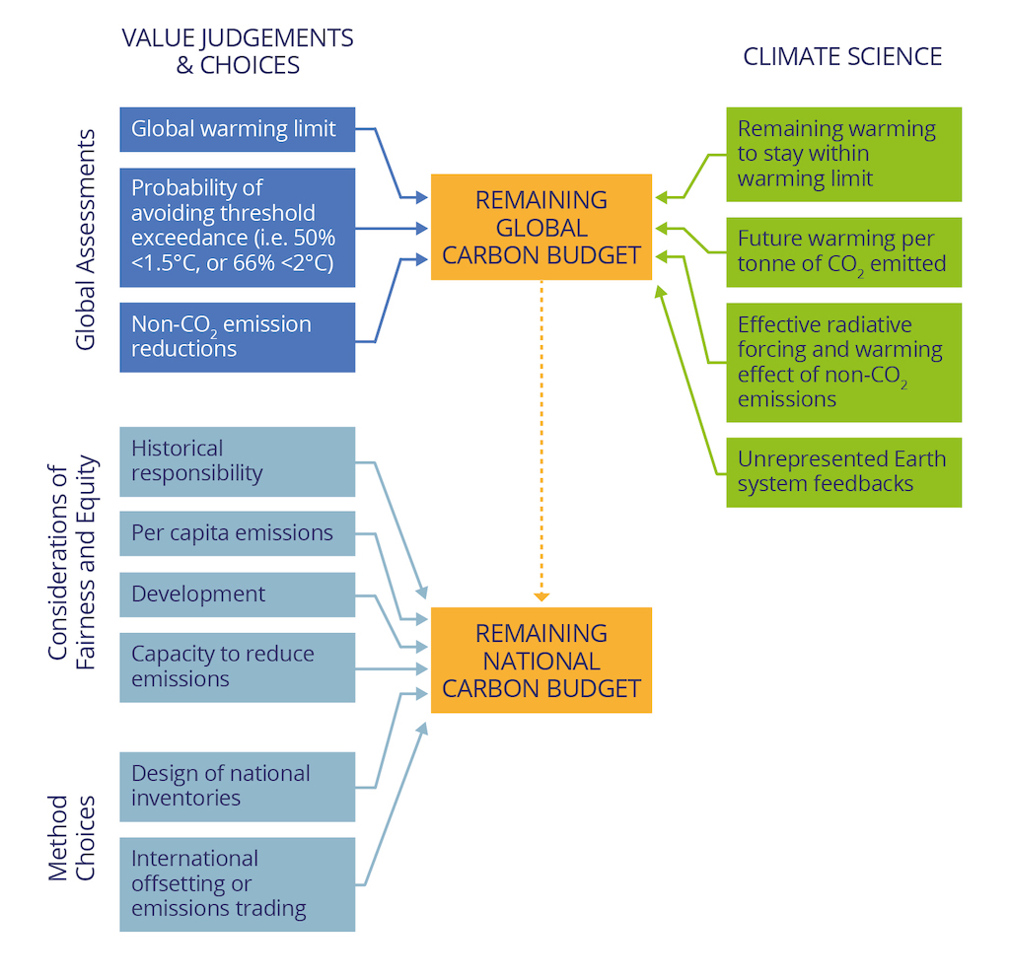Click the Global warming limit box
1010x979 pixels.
pos(237,129)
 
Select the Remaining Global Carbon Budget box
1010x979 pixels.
pos(541,227)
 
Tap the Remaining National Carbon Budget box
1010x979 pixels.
pos(541,660)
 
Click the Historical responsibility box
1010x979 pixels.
pos(237,461)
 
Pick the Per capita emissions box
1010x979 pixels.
pos(237,533)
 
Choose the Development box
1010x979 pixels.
pos(237,594)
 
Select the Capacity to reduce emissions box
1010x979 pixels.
pos(237,666)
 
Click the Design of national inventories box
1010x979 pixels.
pos(237,786)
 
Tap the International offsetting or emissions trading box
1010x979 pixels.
pos(237,883)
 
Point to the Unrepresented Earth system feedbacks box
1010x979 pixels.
pos(843,471)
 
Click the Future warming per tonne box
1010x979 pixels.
pos(843,252)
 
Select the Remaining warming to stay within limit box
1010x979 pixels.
pos(843,154)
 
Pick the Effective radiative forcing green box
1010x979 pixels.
pos(843,362)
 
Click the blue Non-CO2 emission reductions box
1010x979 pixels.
pos(237,336)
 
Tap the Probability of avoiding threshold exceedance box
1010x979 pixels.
pos(237,227)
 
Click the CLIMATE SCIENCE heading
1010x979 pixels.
pos(842,56)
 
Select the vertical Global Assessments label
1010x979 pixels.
pos(86,239)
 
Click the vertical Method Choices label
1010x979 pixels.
pos(73,837)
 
